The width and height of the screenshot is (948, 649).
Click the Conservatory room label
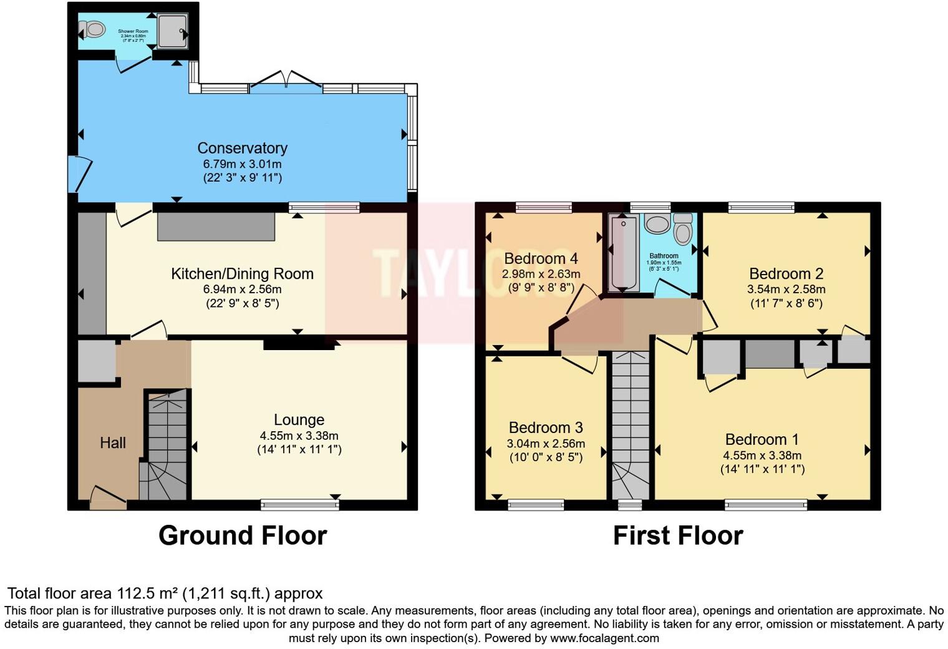pos(242,148)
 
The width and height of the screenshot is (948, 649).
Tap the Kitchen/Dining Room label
pos(242,273)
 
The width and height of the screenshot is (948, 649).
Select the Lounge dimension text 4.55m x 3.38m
pos(299,436)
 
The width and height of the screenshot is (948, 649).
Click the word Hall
pos(113,443)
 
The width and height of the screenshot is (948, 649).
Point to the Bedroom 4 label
pos(541,258)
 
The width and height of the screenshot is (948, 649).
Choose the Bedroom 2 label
pos(786,273)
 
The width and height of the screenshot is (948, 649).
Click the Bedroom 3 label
pos(546,427)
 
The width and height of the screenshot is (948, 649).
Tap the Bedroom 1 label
pos(762,439)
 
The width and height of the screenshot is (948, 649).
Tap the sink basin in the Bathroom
pos(656,223)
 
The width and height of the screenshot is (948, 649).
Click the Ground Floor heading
pos(242,535)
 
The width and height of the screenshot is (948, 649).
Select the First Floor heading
pos(678,535)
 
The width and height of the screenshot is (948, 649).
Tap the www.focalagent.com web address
pos(604,638)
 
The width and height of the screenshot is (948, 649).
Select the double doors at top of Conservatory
pos(286,82)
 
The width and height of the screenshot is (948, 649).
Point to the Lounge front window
pos(299,505)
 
